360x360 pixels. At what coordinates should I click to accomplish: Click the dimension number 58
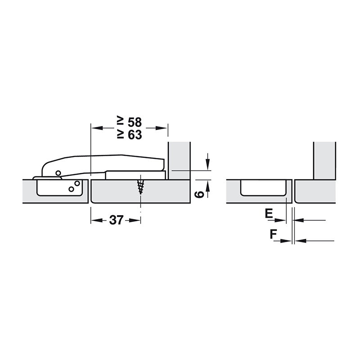[x=135, y=122]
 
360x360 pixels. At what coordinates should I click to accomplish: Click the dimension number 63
[x=135, y=135]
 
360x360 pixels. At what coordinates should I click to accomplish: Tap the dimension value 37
[x=117, y=220]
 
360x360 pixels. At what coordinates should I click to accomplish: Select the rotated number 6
[x=199, y=194]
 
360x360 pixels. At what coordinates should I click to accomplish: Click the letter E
[x=269, y=213]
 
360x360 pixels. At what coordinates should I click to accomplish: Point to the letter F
[x=273, y=234]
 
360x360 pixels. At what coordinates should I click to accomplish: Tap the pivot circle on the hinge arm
[x=58, y=173]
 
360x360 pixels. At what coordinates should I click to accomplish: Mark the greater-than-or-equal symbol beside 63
[x=121, y=135]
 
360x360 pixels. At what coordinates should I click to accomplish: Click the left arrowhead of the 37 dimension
[x=96, y=220]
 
